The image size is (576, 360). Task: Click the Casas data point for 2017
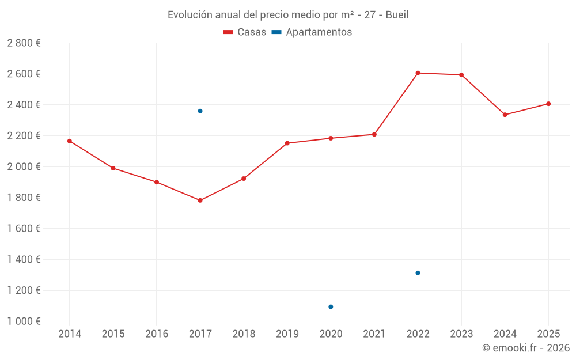pos(200,200)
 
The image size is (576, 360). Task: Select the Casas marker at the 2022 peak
pos(418,73)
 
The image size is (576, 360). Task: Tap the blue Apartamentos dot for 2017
pos(200,111)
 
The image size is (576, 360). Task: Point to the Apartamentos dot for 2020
pos(331,307)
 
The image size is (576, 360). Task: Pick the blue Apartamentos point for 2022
pos(418,273)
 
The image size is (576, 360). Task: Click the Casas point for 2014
pos(69,141)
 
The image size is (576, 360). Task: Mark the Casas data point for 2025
pos(548,104)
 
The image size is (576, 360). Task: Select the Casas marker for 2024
pos(505,115)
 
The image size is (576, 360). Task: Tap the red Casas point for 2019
pos(287,143)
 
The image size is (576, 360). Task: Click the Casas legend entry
pos(245,32)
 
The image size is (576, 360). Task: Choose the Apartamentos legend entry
pos(312,32)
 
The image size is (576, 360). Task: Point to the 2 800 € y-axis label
pos(24,43)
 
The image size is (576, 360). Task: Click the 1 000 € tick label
pos(24,321)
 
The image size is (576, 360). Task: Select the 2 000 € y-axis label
pos(24,166)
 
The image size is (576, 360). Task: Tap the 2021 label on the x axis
pos(374,334)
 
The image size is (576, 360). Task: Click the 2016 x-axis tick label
pos(156,334)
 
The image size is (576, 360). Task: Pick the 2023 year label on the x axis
pos(461,334)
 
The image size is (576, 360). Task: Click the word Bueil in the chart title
pos(396,15)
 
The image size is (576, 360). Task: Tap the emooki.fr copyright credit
pos(526,348)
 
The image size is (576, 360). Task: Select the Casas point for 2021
pos(374,134)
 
